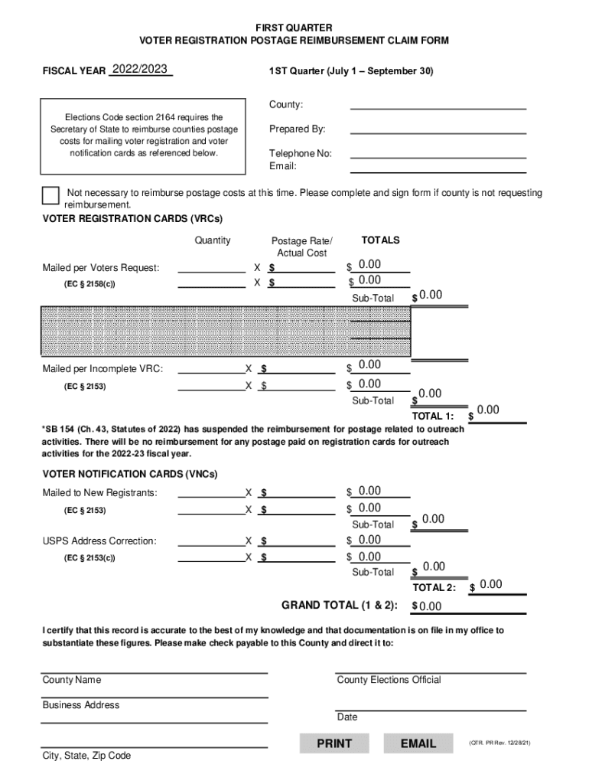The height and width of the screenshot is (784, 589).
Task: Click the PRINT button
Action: (334, 743)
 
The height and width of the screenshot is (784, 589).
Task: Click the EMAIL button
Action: (418, 743)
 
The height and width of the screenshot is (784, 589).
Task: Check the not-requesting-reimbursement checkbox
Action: (50, 195)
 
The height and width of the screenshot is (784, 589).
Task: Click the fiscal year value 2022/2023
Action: (139, 70)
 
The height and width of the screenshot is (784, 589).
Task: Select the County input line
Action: (438, 105)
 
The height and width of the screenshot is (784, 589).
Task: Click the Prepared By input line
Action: (438, 129)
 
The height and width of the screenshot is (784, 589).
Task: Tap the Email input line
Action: (438, 166)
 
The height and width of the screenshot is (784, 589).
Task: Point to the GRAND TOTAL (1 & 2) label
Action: (340, 606)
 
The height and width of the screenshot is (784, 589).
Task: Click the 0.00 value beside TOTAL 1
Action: (487, 410)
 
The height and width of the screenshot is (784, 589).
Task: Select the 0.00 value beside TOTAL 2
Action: (490, 585)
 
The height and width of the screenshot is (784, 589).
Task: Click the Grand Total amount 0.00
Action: (430, 607)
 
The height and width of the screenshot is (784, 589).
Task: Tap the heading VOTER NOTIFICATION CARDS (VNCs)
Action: (129, 474)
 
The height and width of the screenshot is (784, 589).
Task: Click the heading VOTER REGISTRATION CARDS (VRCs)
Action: (132, 219)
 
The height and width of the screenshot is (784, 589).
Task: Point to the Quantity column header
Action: (212, 240)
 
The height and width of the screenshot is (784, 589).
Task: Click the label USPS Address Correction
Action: (99, 541)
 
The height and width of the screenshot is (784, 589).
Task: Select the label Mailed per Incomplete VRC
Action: (103, 369)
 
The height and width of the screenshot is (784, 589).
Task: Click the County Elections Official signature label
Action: (389, 680)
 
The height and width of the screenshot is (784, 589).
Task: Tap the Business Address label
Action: (81, 705)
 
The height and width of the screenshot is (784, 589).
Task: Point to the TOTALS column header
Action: (380, 240)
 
